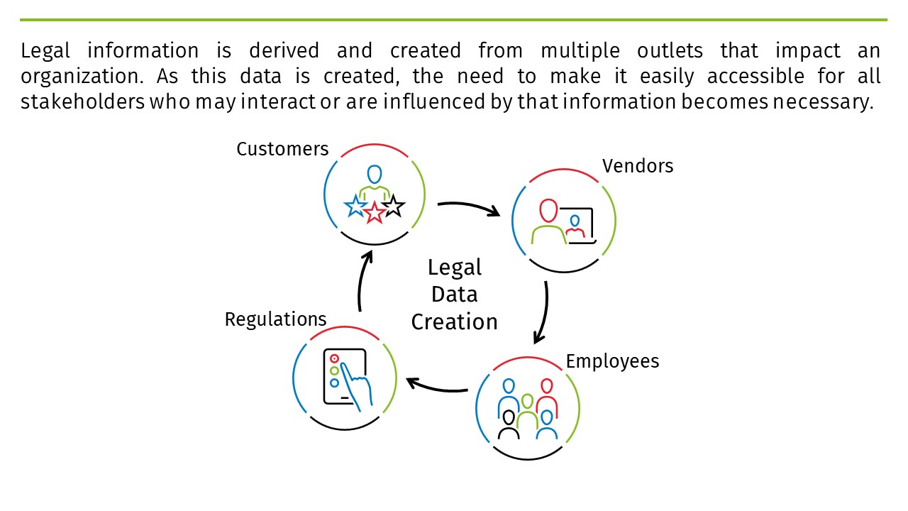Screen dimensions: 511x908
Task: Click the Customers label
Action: pos(282,149)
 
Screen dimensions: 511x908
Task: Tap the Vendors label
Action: pos(638,166)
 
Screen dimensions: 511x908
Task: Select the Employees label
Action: pos(612,361)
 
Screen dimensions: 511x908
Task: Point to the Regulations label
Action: pos(275,319)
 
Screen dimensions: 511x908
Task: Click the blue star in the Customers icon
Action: pos(354,207)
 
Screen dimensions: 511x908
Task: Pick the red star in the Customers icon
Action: pos(374,211)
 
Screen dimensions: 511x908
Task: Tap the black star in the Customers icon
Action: pos(393,207)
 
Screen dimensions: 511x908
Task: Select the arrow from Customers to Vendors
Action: pos(468,207)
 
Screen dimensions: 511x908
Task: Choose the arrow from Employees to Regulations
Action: pos(436,388)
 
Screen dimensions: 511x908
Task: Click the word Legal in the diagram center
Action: pos(455,268)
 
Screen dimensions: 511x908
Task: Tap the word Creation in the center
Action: pos(455,322)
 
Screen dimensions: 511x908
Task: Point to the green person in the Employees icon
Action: pos(527,412)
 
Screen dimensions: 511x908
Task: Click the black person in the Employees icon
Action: pos(508,424)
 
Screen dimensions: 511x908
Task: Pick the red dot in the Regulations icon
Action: pos(334,359)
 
